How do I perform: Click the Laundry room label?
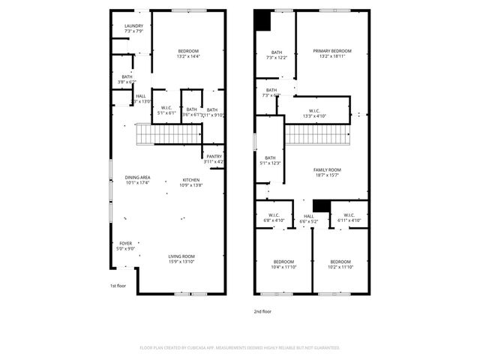pos(133,28)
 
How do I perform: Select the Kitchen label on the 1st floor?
pos(191,181)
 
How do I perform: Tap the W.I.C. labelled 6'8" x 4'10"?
pos(274,218)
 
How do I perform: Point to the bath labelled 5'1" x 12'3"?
pos(269,160)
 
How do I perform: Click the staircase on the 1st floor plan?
pos(169,134)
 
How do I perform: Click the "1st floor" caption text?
pos(118,286)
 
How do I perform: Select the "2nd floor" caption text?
pos(262,310)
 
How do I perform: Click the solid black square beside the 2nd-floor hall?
pos(321,205)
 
